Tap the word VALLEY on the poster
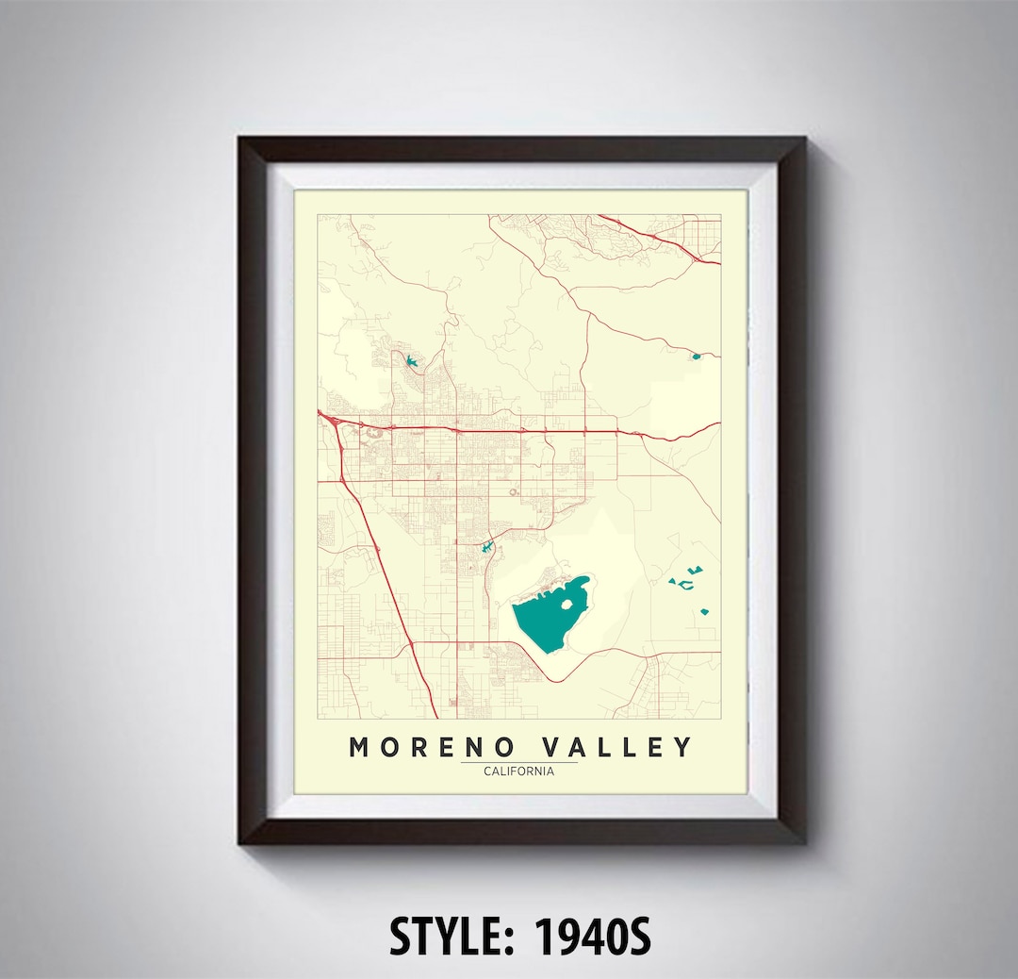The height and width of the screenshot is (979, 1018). coord(617,748)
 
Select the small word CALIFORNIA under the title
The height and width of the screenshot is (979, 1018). coord(518,771)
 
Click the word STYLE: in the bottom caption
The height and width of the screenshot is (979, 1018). coord(453,938)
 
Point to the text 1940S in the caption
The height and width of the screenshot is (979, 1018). coord(594,938)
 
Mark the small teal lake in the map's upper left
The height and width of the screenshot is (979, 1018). coord(410,361)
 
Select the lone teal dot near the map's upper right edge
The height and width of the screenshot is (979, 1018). coord(696,356)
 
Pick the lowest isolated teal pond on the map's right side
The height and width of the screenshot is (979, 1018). coord(704,612)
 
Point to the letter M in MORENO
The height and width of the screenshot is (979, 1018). coord(359,748)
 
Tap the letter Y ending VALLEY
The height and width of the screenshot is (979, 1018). coord(682,748)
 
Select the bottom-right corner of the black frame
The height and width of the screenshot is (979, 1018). coord(802,839)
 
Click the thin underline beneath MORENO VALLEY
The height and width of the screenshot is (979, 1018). coord(518,762)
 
